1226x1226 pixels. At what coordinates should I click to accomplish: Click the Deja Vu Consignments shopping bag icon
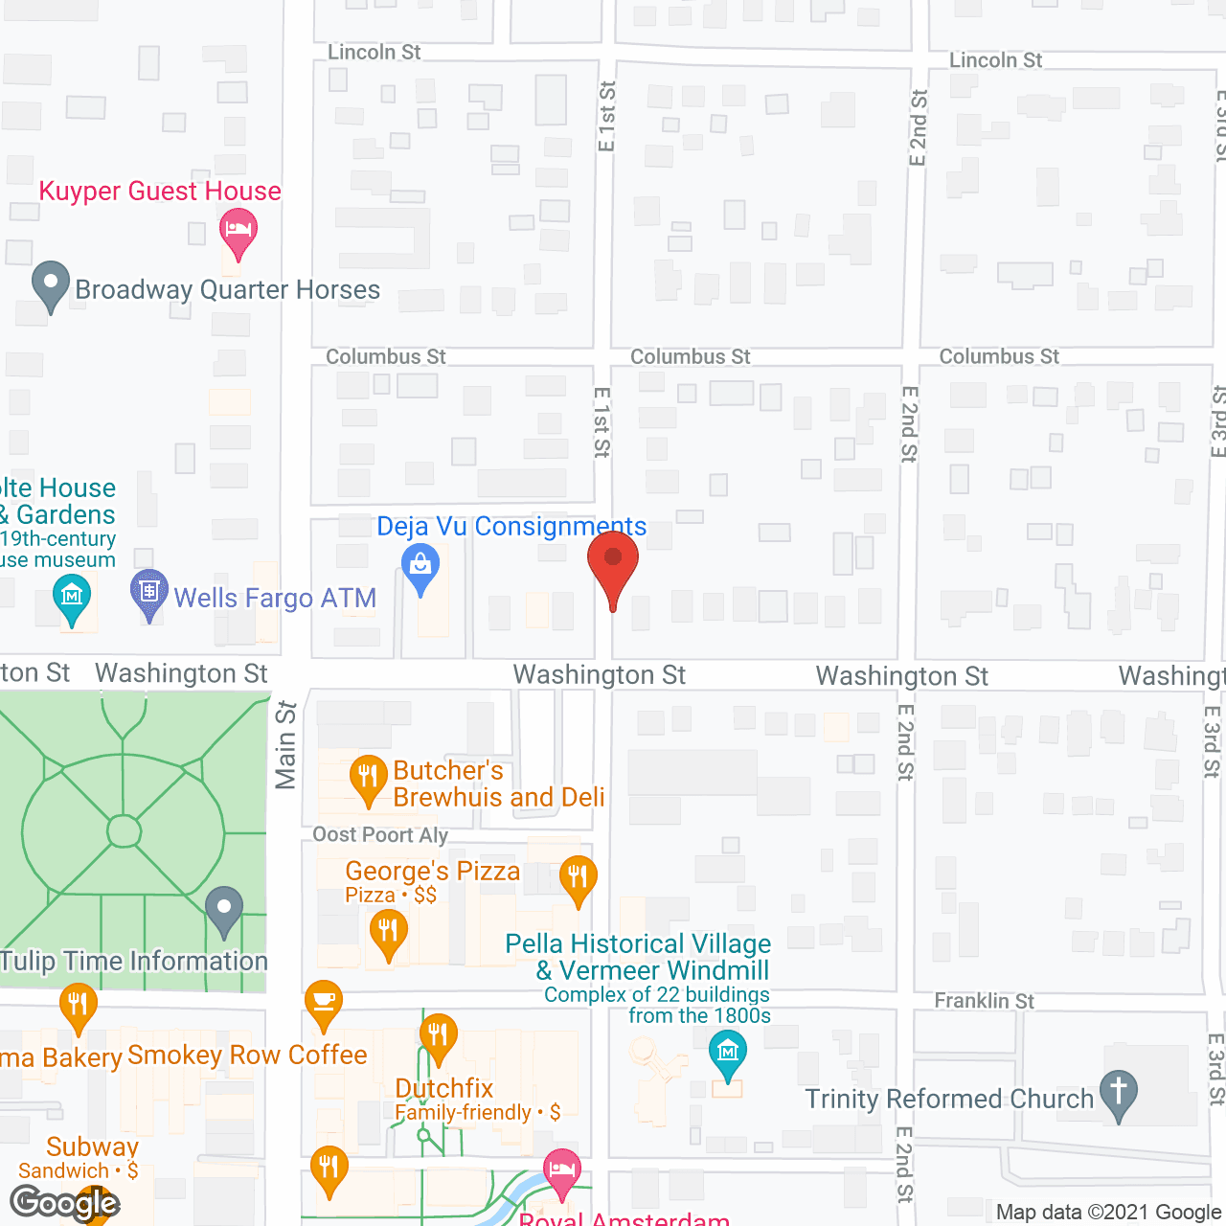coord(420,566)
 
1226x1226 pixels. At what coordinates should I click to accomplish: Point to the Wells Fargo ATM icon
coord(149,592)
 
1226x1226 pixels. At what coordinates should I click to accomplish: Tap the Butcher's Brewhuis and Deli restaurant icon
coord(368,778)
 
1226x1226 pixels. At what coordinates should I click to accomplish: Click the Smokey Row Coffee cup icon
coord(324,1004)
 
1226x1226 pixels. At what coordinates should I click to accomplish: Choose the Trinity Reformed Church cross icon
coord(1118,1093)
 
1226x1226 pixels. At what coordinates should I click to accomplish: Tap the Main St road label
coord(285,745)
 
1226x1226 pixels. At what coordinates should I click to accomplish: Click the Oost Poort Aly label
coord(380,834)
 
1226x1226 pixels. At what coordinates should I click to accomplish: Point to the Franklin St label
coord(984,1001)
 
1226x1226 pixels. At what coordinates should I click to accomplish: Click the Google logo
coord(64,1203)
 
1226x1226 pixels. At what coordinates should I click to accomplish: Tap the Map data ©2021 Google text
coord(1109,1213)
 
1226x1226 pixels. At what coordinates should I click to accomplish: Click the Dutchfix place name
coord(444,1088)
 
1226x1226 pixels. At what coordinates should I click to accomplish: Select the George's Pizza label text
coord(433,871)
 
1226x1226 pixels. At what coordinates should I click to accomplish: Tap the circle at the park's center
coord(124,830)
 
